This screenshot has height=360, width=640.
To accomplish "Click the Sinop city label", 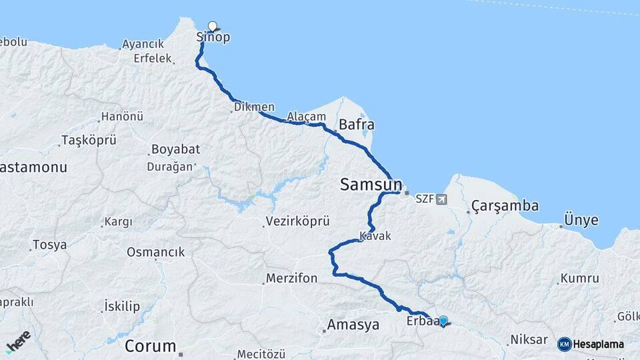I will point(213,38).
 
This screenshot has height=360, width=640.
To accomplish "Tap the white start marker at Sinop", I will point(213,27).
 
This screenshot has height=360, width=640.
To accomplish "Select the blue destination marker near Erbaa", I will point(443,321).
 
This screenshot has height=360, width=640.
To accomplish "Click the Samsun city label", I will point(371,185).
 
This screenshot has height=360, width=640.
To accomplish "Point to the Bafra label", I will point(356,125).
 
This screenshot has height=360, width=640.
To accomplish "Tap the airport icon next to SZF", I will point(441,199).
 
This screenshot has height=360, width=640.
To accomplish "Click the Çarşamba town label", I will point(505,205).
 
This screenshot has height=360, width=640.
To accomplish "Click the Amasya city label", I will point(353,325).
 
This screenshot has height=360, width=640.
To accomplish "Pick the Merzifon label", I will point(291,278).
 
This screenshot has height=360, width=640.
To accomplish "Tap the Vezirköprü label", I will point(297,221).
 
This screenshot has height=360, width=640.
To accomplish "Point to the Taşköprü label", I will point(89,140).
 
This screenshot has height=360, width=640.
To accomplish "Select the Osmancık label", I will point(155,252).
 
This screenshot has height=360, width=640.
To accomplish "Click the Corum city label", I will point(151,347).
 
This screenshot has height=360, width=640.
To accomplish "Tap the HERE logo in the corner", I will point(17,341).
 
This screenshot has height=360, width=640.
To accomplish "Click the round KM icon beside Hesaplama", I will point(565,344).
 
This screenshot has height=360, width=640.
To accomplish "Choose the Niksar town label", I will point(529,340).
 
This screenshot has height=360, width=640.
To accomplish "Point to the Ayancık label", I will point(143,44).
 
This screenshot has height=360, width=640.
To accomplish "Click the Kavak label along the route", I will point(375,236).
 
